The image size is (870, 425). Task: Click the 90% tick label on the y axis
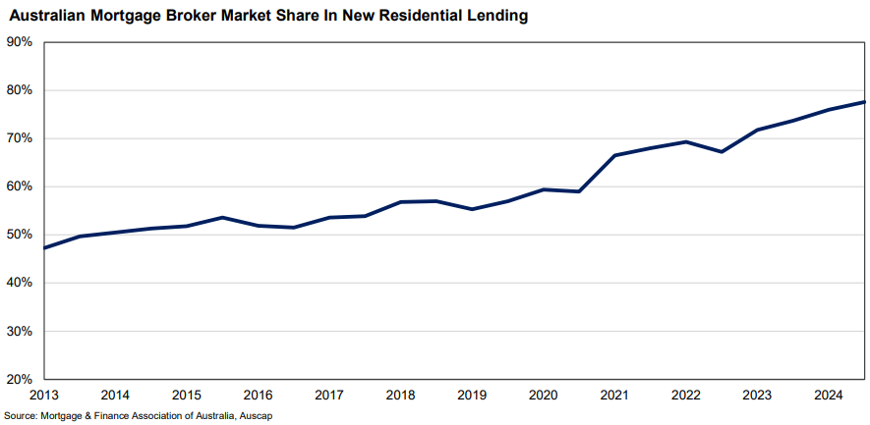(x=20, y=42)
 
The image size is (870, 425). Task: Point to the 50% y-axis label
(x=20, y=235)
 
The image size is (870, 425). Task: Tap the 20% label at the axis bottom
(x=20, y=379)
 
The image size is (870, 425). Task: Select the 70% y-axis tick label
(x=20, y=138)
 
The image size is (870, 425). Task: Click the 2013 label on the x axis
(x=44, y=396)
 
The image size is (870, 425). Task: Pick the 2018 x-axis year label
(x=401, y=396)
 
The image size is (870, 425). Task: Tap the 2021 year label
(x=615, y=396)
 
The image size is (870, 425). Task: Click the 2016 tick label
(x=259, y=396)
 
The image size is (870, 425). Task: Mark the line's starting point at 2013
(x=44, y=247)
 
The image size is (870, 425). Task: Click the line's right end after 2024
(x=865, y=102)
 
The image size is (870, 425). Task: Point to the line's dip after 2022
(x=723, y=151)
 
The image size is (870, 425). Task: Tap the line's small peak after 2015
(x=223, y=217)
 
